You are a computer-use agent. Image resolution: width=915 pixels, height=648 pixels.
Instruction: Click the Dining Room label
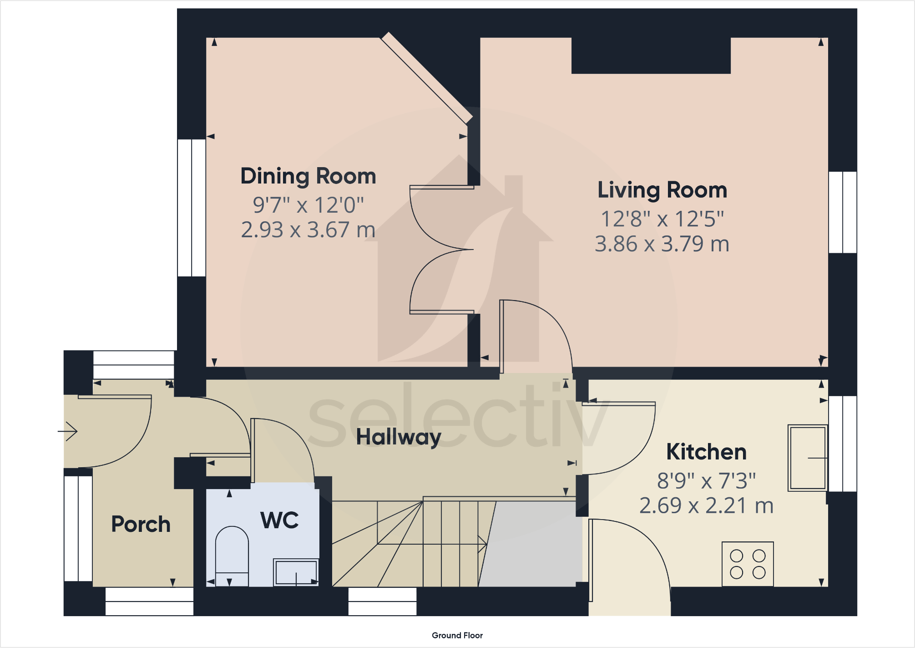click(308, 177)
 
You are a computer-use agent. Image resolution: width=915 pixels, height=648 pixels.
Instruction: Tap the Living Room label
click(662, 190)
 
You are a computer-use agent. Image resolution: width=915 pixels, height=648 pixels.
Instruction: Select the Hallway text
click(398, 437)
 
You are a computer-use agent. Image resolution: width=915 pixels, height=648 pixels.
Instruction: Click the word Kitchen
click(706, 452)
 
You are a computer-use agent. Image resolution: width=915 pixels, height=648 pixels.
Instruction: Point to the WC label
click(279, 520)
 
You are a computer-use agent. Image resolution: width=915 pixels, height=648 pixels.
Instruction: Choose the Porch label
click(141, 524)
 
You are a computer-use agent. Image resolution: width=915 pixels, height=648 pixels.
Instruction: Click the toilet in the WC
click(232, 556)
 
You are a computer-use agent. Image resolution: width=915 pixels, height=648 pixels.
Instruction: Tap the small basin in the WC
click(296, 572)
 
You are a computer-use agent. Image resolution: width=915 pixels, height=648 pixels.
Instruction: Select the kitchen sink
click(808, 458)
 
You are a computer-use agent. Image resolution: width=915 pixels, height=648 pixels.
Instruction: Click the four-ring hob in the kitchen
click(748, 564)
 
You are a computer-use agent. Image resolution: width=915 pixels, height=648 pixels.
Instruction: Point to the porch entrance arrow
click(68, 431)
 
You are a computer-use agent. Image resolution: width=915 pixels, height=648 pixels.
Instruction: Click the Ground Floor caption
click(457, 635)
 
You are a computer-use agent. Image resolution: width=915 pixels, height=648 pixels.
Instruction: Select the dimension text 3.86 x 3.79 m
click(662, 244)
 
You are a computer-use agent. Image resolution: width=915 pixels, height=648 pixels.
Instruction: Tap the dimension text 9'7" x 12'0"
click(308, 205)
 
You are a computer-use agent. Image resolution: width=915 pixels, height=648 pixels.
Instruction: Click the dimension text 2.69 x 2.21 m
click(706, 505)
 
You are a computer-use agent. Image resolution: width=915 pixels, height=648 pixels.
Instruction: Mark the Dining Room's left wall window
click(192, 208)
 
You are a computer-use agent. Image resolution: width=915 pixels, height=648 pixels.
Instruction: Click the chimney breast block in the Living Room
click(651, 56)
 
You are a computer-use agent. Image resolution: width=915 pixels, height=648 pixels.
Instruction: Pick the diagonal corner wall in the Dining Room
click(426, 78)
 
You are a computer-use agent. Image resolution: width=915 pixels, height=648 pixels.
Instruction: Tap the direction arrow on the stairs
click(481, 544)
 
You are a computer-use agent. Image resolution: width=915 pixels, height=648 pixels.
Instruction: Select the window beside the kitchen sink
click(843, 444)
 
